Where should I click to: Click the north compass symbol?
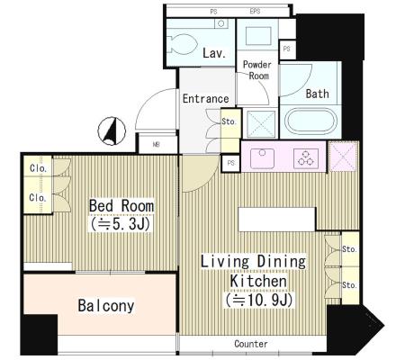(x=112, y=131)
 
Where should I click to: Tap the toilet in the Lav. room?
(x=181, y=44)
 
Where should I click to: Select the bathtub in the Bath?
(x=310, y=121)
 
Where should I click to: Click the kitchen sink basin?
(x=262, y=158)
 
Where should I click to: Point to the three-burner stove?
(x=306, y=158)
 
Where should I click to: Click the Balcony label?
(x=106, y=306)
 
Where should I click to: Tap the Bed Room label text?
(x=121, y=206)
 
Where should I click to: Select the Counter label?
(x=251, y=344)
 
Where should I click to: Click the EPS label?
(x=255, y=12)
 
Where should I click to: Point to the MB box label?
(x=156, y=145)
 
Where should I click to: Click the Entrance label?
(x=205, y=99)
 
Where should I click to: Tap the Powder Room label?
(x=256, y=70)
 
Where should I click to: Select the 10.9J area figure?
(x=259, y=300)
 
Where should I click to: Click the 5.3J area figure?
(x=121, y=224)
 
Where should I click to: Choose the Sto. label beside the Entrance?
(x=229, y=121)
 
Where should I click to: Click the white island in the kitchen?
(x=277, y=220)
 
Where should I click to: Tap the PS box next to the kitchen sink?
(x=230, y=164)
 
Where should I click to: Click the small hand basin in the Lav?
(x=221, y=23)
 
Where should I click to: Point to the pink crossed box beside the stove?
(x=343, y=157)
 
